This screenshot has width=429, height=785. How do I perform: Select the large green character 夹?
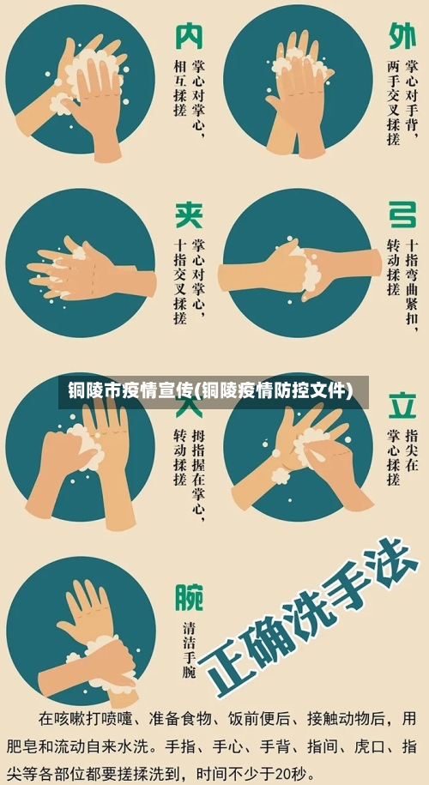190,215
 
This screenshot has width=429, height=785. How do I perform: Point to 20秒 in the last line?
292,771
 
